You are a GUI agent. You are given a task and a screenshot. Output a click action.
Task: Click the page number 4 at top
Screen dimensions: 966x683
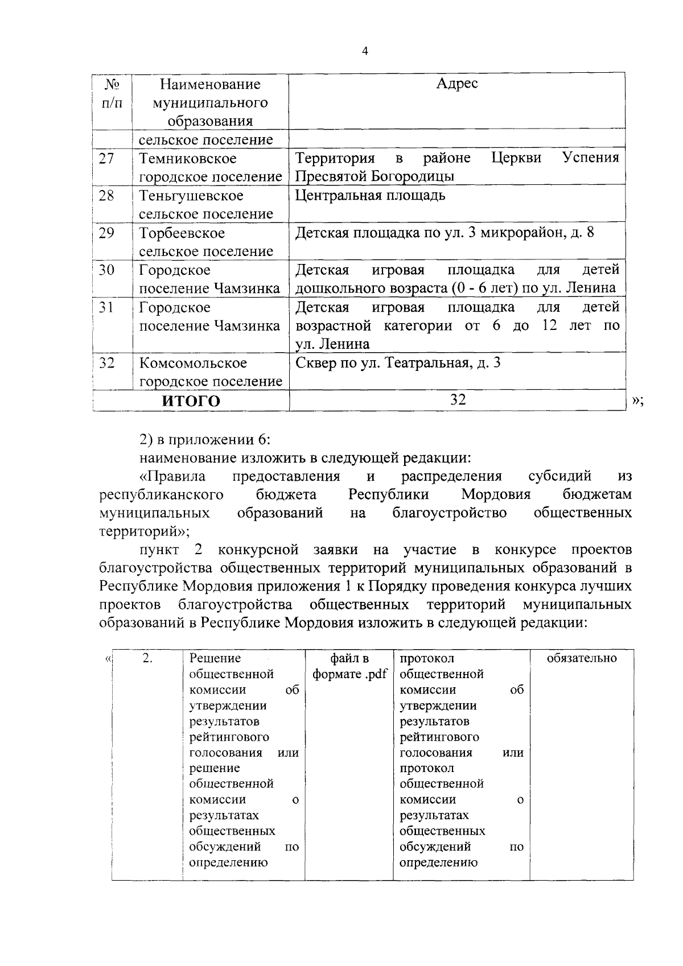[x=365, y=52]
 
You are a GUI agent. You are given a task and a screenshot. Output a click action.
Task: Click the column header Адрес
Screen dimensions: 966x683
[x=457, y=84]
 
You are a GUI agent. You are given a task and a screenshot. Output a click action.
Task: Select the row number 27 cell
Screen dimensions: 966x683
[x=106, y=158]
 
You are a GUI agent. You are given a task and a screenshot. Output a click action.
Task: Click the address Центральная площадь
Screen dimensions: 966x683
[x=371, y=196]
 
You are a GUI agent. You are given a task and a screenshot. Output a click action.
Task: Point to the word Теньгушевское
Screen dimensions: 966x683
[x=191, y=196]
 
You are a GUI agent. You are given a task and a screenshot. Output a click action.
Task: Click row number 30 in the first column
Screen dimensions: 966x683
[x=106, y=270]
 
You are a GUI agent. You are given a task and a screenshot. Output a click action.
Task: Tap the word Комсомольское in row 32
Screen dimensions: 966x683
[x=194, y=363]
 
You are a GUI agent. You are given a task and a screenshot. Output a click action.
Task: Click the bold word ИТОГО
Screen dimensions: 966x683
[x=191, y=401]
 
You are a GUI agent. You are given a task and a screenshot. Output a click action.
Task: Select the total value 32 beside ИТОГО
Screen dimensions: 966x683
[x=458, y=400]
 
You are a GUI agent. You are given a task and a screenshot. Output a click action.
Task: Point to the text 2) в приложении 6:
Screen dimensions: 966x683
[x=205, y=439]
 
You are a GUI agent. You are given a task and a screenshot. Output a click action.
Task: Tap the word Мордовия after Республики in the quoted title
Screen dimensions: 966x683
[x=496, y=494]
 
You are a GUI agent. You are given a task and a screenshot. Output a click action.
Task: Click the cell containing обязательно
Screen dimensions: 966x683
[x=582, y=658]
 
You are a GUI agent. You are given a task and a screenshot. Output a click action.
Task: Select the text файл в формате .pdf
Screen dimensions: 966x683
[x=349, y=666]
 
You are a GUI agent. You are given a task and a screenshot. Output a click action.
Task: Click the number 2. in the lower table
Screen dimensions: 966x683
[x=147, y=658]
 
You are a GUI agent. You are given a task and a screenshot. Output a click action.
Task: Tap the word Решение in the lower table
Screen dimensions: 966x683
[x=215, y=658]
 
